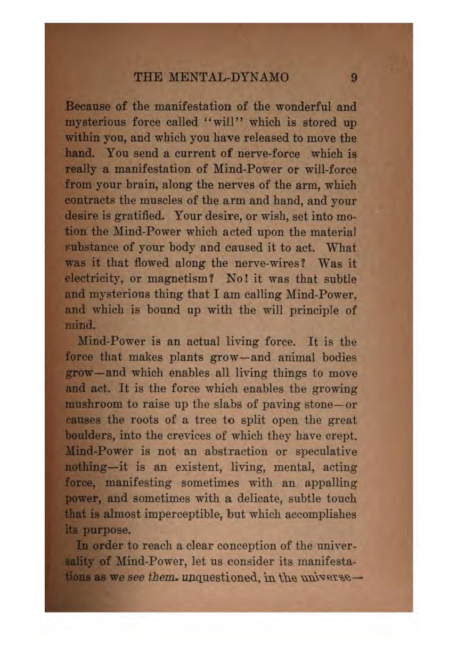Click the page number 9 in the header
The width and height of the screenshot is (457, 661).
[354, 78]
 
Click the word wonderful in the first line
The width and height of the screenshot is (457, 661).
[303, 106]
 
